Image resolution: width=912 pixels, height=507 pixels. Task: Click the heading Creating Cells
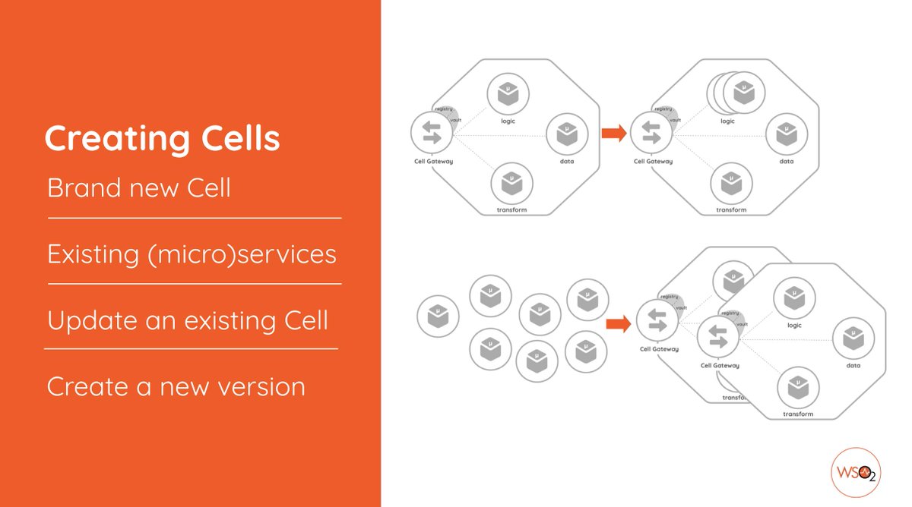(162, 139)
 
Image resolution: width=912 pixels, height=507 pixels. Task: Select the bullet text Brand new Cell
(139, 187)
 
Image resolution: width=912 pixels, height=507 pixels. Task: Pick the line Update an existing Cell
(188, 320)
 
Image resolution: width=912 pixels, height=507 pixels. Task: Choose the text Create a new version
(176, 387)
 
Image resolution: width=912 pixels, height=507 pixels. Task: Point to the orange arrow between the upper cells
(614, 134)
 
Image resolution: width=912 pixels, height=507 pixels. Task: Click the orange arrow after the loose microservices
(619, 324)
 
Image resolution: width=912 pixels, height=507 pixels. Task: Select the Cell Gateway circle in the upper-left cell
(432, 133)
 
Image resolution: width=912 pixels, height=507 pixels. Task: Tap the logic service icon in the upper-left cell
(508, 95)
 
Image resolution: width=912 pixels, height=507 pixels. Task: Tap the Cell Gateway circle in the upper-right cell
(652, 133)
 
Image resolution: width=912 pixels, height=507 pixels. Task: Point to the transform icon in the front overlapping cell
(798, 388)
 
